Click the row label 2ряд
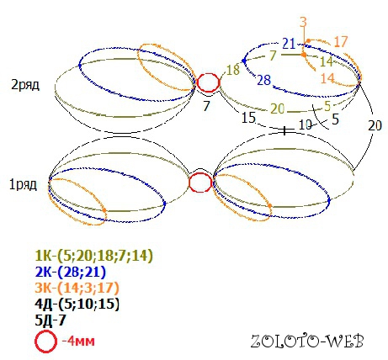click(x=25, y=84)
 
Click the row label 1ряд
click(x=23, y=184)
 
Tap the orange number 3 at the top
click(x=303, y=22)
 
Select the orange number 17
click(x=341, y=42)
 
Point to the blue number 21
click(x=289, y=44)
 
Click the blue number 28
click(x=264, y=80)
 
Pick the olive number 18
click(x=233, y=70)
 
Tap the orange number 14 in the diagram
click(x=327, y=78)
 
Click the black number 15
click(x=248, y=117)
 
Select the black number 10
click(x=306, y=125)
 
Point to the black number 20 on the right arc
click(x=375, y=125)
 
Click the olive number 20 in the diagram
click(x=278, y=109)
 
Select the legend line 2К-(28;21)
click(x=71, y=272)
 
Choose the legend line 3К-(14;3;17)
click(x=77, y=288)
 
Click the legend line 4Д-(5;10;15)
click(x=77, y=304)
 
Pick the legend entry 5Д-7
click(x=50, y=320)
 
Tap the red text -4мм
click(x=78, y=341)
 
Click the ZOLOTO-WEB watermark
click(x=307, y=341)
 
